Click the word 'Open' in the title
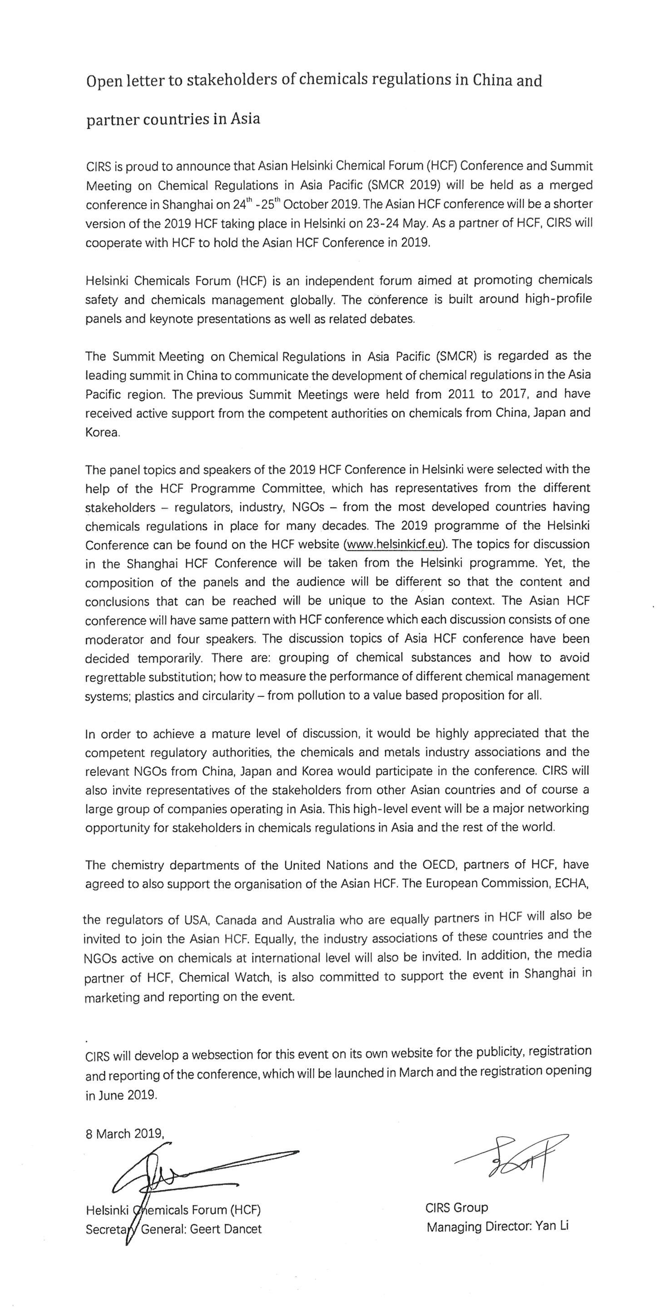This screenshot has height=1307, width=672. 101,81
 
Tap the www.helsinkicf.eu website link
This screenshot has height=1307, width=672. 395,545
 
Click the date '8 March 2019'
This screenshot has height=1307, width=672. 124,1134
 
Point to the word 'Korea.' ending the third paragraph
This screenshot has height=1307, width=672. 102,433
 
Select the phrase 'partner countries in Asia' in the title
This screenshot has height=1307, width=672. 173,119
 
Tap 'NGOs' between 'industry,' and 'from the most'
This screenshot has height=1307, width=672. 308,507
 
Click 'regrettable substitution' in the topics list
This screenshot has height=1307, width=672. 149,677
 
